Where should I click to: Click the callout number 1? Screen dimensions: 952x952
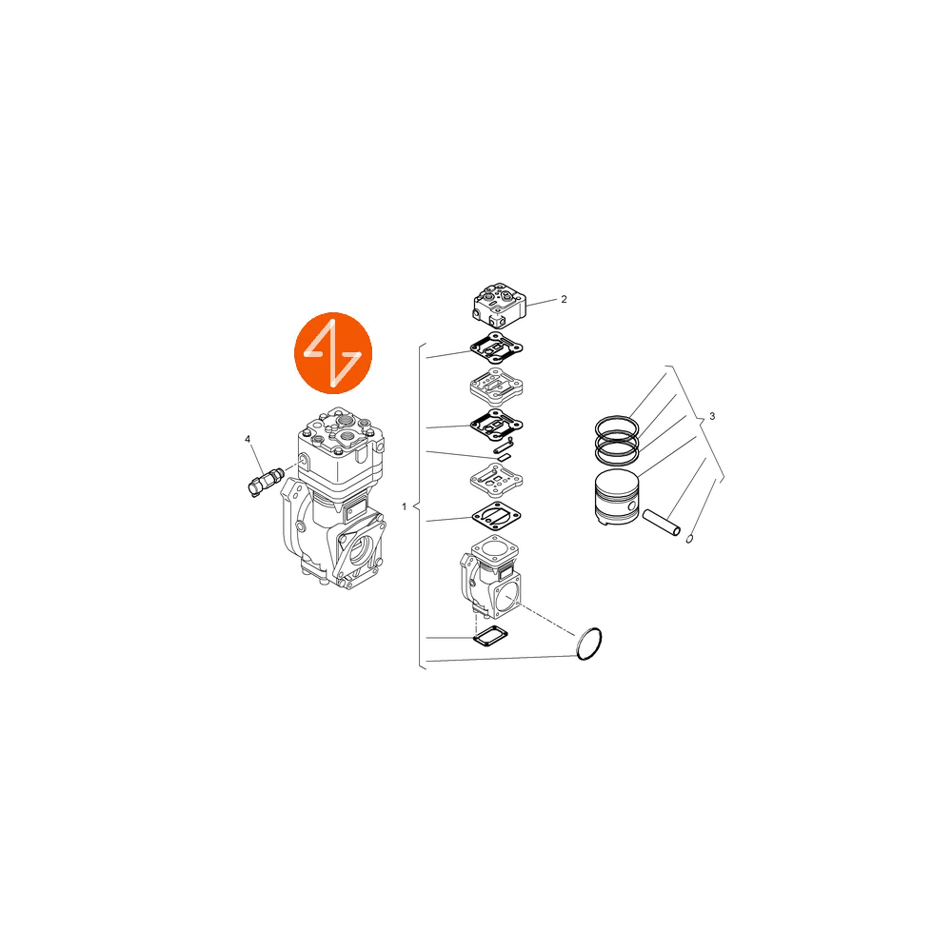(x=405, y=506)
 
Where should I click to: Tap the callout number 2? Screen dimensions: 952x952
(x=564, y=299)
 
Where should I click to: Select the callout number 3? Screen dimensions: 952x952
(x=712, y=417)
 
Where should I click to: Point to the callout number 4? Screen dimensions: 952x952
(x=248, y=439)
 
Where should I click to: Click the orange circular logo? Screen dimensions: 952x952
(x=333, y=353)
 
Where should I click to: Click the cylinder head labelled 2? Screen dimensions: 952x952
(x=500, y=305)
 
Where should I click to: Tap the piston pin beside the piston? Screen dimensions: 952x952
(x=662, y=522)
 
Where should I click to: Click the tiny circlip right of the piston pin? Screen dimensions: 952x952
(x=689, y=539)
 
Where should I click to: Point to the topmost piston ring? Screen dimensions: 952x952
(x=616, y=424)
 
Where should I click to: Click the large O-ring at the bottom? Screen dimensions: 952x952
(x=589, y=644)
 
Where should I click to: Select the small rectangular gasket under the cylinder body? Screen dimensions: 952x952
(x=490, y=636)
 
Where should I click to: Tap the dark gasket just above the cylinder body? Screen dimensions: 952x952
(x=497, y=516)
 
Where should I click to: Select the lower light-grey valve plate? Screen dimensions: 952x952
(x=497, y=480)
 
